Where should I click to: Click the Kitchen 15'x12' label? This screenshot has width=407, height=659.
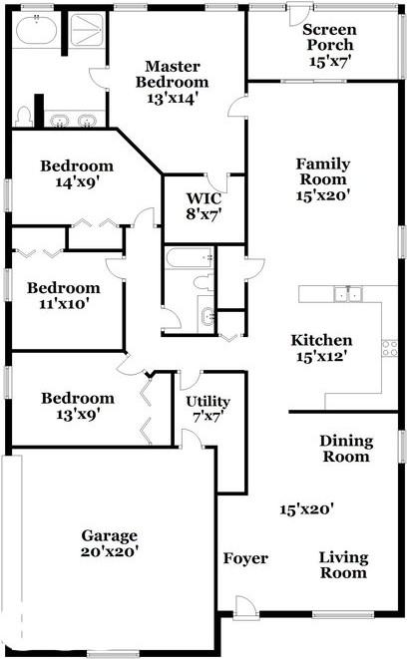(x=321, y=347)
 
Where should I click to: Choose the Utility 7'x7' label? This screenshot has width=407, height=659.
(x=208, y=409)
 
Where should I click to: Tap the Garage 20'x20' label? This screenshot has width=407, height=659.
(x=110, y=542)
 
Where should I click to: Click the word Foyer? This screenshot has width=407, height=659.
(x=244, y=558)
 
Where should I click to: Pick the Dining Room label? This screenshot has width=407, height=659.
(x=346, y=449)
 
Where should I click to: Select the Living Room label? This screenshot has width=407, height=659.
(x=343, y=564)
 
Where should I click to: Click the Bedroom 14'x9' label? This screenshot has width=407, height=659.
(x=76, y=174)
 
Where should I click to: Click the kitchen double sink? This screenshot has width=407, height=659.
(x=347, y=293)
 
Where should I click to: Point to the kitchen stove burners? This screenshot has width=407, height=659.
(x=389, y=347)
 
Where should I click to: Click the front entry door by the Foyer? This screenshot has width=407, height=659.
(x=242, y=605)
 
